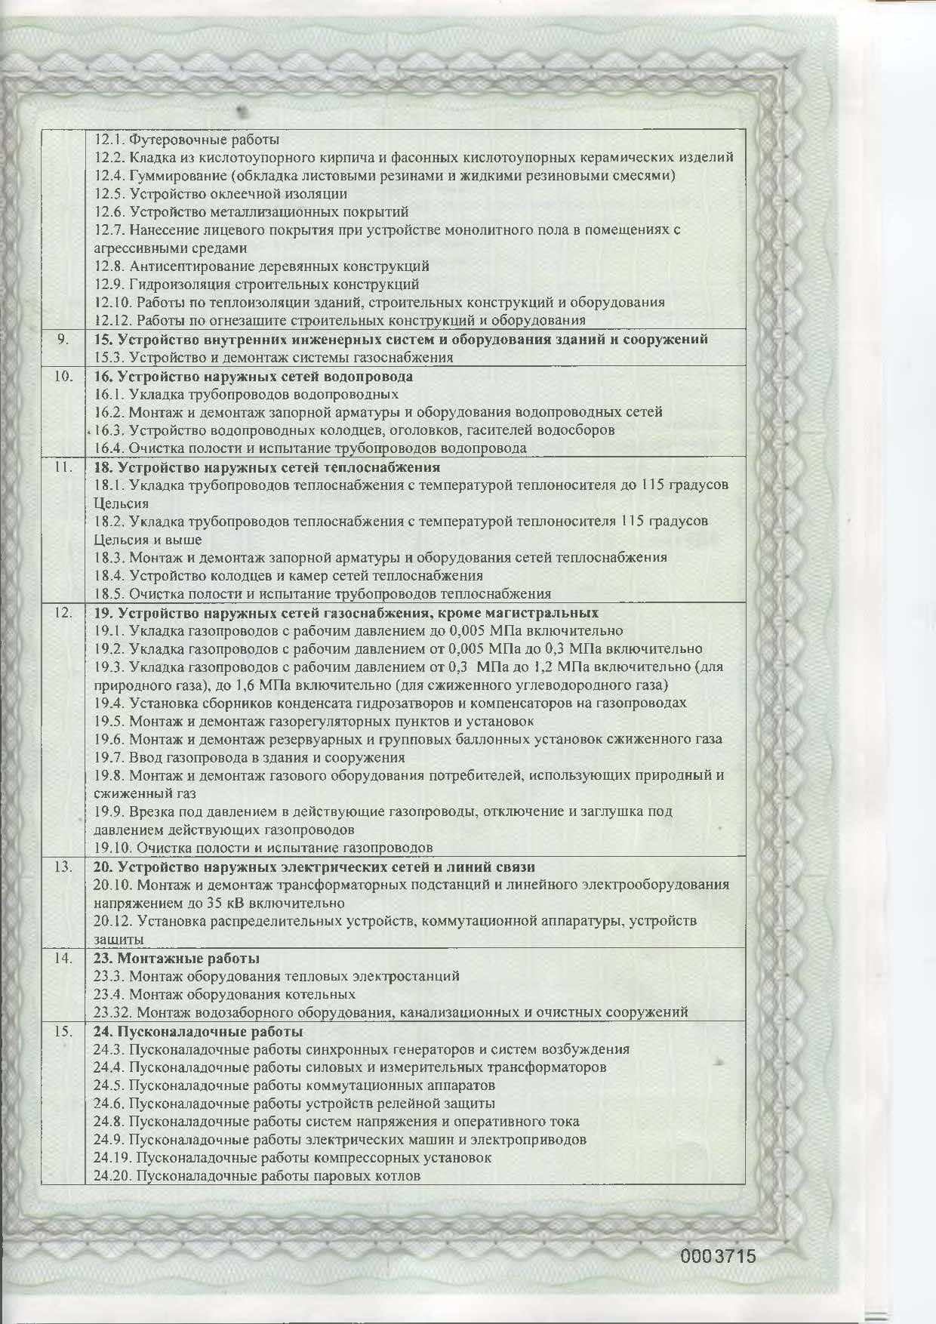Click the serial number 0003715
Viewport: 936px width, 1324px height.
[x=718, y=1256]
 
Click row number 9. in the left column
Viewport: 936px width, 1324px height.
[x=64, y=340]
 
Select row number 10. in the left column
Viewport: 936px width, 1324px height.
[x=63, y=376]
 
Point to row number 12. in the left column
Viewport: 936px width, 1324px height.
[x=63, y=613]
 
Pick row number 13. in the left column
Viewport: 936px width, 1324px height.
[x=63, y=867]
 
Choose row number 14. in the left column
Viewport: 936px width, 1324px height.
[x=63, y=959]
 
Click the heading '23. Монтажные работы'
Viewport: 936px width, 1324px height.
[x=177, y=959]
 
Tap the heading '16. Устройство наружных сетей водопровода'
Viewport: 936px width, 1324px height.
[x=253, y=376]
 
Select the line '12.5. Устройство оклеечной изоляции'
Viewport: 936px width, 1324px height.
[x=221, y=194]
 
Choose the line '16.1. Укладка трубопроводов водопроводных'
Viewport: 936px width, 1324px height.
[x=246, y=394]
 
